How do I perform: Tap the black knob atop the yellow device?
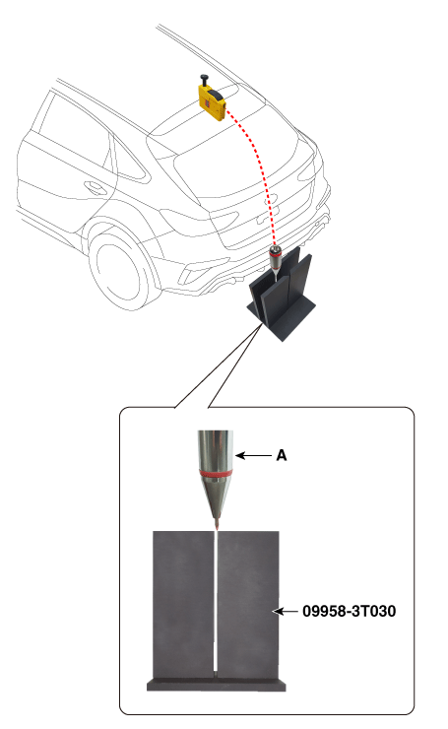point(204,80)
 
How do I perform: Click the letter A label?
point(282,455)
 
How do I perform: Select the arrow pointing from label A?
point(253,455)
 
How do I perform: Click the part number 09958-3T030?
point(349,611)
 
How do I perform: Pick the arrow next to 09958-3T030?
point(286,611)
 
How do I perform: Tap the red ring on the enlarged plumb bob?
point(216,473)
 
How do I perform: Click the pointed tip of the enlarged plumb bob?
point(217,528)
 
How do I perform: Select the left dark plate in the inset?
point(183,606)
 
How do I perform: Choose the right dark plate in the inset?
point(249,606)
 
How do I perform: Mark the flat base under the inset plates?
point(216,686)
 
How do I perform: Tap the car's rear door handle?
point(96,188)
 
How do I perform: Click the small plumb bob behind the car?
point(276,263)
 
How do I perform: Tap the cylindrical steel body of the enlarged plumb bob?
point(216,450)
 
